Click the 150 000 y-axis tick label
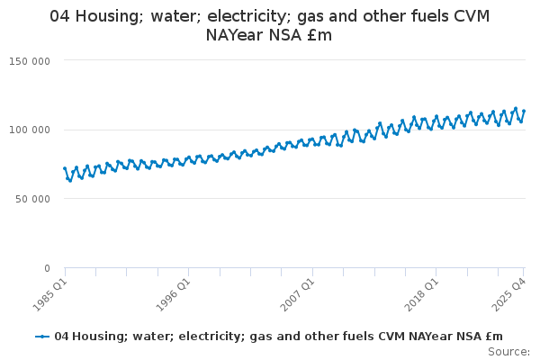click(x=31, y=60)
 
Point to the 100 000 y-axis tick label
click(x=31, y=130)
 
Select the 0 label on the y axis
click(x=47, y=268)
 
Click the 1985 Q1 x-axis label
click(x=50, y=292)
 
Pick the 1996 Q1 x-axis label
click(x=174, y=292)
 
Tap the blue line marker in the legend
click(x=42, y=337)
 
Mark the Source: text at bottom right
click(x=509, y=351)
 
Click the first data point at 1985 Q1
click(x=65, y=168)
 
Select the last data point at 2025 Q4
click(x=524, y=111)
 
